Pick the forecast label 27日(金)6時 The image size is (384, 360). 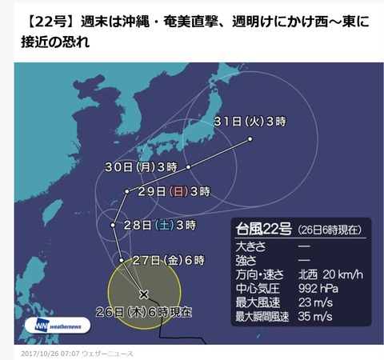pyautogui.click(x=170, y=260)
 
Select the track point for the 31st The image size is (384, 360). pyautogui.click(x=250, y=139)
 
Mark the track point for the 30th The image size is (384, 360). pyautogui.click(x=189, y=166)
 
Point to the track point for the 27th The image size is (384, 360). pyautogui.click(x=121, y=260)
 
